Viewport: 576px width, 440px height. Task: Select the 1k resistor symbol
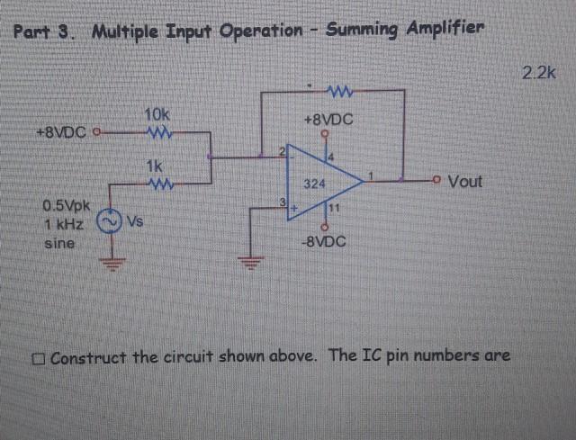157,182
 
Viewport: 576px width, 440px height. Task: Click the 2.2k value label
539,73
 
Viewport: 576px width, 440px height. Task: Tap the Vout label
464,182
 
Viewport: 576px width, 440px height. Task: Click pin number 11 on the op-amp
332,209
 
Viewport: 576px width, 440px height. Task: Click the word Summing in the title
363,30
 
